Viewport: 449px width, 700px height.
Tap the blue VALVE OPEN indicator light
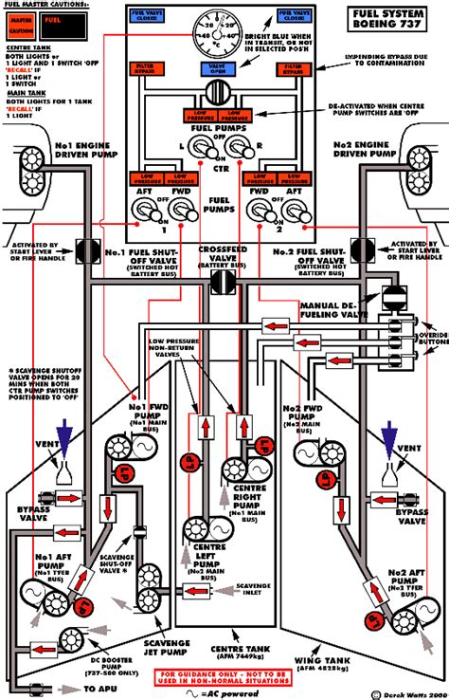(224, 69)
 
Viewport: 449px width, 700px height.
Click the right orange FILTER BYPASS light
(300, 69)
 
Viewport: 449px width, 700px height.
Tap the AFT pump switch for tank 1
(148, 214)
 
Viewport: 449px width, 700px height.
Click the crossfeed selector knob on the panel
(224, 95)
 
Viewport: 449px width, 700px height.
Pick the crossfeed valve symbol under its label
(224, 282)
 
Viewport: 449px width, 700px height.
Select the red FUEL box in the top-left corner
(60, 20)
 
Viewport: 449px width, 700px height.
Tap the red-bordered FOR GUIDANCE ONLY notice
(224, 678)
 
